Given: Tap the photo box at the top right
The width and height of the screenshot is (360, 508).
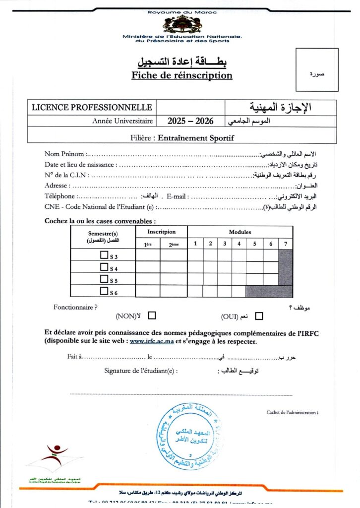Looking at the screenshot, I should coord(317,70).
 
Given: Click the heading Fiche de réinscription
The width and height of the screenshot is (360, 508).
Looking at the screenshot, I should coord(182,75).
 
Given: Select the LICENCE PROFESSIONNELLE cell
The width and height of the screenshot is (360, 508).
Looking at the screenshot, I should coord(92,107).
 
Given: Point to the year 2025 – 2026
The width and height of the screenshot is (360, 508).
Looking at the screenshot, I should coord(190,121).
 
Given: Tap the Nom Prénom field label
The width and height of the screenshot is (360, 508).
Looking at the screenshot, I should coord(64,154).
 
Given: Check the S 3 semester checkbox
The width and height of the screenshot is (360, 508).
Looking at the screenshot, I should coord(104,255).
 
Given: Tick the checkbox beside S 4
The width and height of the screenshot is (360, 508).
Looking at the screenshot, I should coord(104,267).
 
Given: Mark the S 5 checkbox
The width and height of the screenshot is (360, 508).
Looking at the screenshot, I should coord(104,279).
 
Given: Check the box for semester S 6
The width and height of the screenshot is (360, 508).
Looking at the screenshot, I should coord(104,291).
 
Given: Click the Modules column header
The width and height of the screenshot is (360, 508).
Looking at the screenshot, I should coord(240,232).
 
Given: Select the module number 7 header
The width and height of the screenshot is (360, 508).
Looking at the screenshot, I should coord(285,243).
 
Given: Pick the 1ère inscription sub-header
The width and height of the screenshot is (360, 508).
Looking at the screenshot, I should coord(148,244).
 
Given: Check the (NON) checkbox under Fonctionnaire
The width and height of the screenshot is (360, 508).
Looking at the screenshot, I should coord(152,315).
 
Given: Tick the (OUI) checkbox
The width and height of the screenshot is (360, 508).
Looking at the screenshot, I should coord(259,316).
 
